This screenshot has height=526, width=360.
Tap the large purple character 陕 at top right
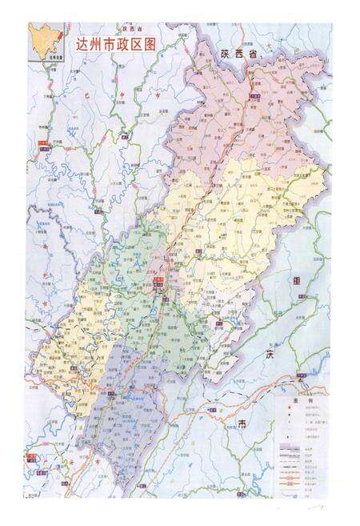226,54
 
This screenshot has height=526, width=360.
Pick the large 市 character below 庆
242,424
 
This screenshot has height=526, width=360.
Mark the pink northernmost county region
240,112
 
